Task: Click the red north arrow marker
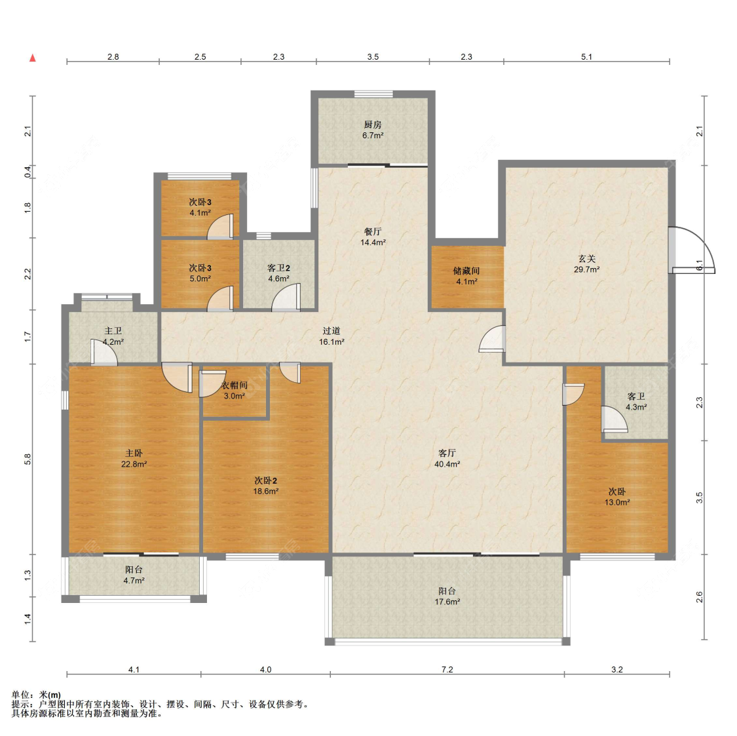(33, 58)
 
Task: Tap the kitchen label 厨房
(373, 125)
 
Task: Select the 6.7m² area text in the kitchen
(373, 136)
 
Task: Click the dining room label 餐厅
(373, 231)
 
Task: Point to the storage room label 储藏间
(466, 271)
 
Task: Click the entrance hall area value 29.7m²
(586, 269)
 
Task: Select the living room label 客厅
(447, 453)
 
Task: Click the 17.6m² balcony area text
(447, 602)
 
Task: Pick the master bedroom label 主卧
(134, 453)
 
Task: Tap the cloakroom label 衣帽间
(234, 385)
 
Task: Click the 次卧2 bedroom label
(265, 480)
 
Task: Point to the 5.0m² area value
(200, 279)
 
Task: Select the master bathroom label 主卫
(113, 331)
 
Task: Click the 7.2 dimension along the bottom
(447, 669)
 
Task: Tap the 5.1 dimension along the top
(586, 56)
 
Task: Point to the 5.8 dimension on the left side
(28, 459)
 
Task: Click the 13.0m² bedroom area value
(617, 502)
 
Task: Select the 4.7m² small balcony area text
(134, 580)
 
